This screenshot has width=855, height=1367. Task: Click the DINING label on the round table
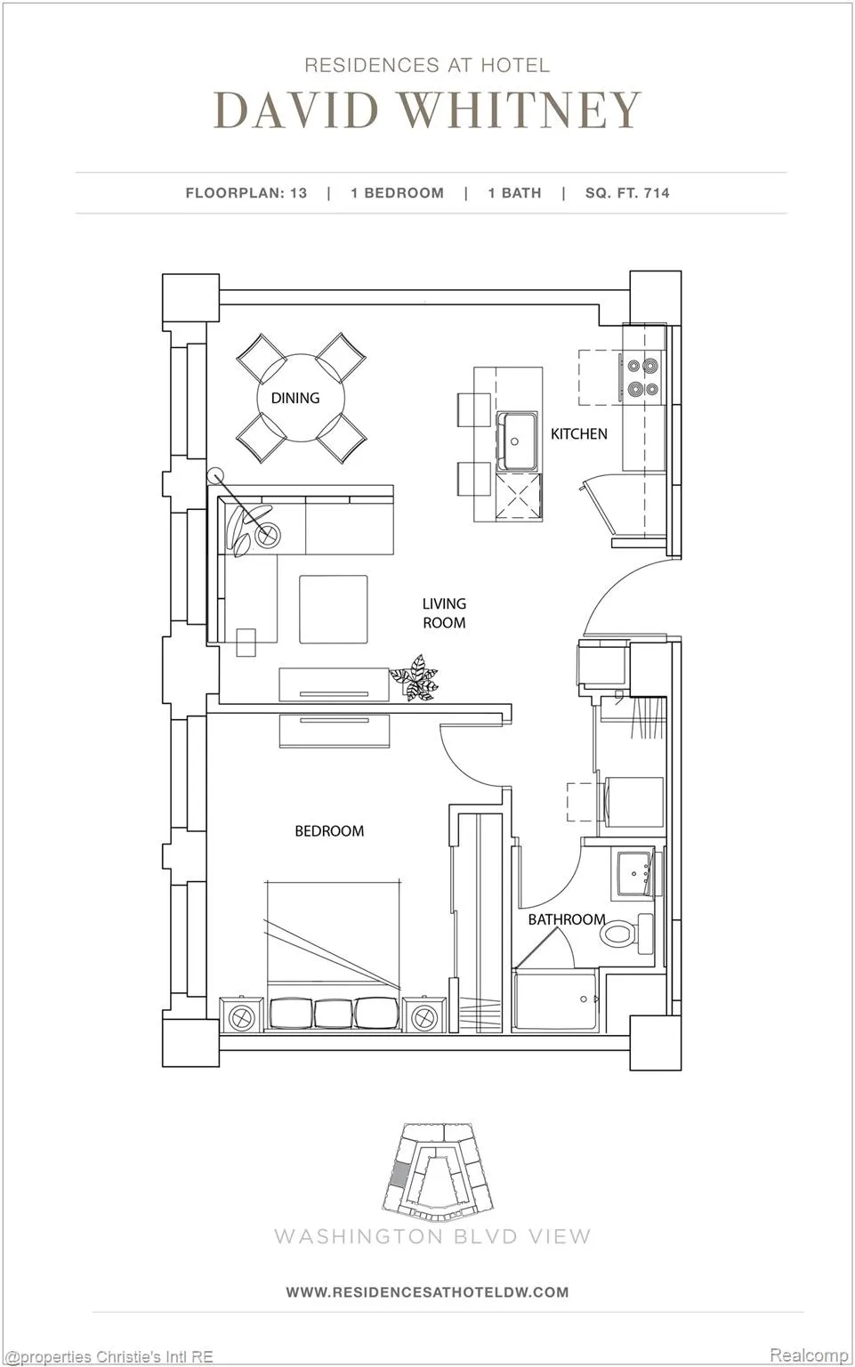pos(295,398)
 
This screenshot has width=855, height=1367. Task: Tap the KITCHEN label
pos(579,434)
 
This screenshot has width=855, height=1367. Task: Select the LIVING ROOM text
pos(444,612)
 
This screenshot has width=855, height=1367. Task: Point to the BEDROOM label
pos(329,830)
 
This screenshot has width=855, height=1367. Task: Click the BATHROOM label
pos(567,919)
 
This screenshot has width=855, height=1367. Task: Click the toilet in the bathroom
pos(626,933)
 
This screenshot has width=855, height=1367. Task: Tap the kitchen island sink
pos(518,441)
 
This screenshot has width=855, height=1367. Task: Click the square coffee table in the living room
pos(334,609)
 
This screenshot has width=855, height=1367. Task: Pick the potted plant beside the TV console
pos(415,677)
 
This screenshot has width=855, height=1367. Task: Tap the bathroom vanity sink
pos(634,873)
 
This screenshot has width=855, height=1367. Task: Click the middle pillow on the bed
pos(334,1014)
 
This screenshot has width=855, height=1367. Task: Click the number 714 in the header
pos(657,193)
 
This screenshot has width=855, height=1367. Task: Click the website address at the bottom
pos(427,1292)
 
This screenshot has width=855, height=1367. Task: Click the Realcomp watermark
pos(809,1355)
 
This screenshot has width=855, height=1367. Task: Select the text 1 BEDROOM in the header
pos(398,193)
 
